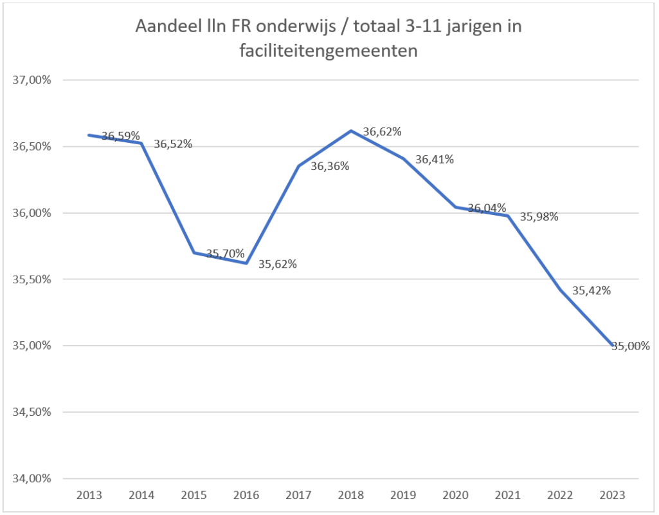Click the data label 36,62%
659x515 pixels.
pyautogui.click(x=382, y=132)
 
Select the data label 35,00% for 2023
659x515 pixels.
pyautogui.click(x=630, y=346)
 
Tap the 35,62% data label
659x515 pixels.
pyautogui.click(x=277, y=264)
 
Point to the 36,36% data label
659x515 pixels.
pyautogui.click(x=330, y=167)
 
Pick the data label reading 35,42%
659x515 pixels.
pyautogui.click(x=591, y=290)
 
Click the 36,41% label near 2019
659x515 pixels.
pyautogui.click(x=435, y=160)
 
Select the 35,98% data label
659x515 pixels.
pyautogui.click(x=539, y=217)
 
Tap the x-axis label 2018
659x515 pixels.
pyautogui.click(x=350, y=496)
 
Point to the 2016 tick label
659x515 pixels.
pyautogui.click(x=246, y=496)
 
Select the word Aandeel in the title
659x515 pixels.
pyautogui.click(x=165, y=27)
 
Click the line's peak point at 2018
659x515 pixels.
pyautogui.click(x=351, y=131)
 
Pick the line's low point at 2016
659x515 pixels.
pyautogui.click(x=246, y=263)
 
